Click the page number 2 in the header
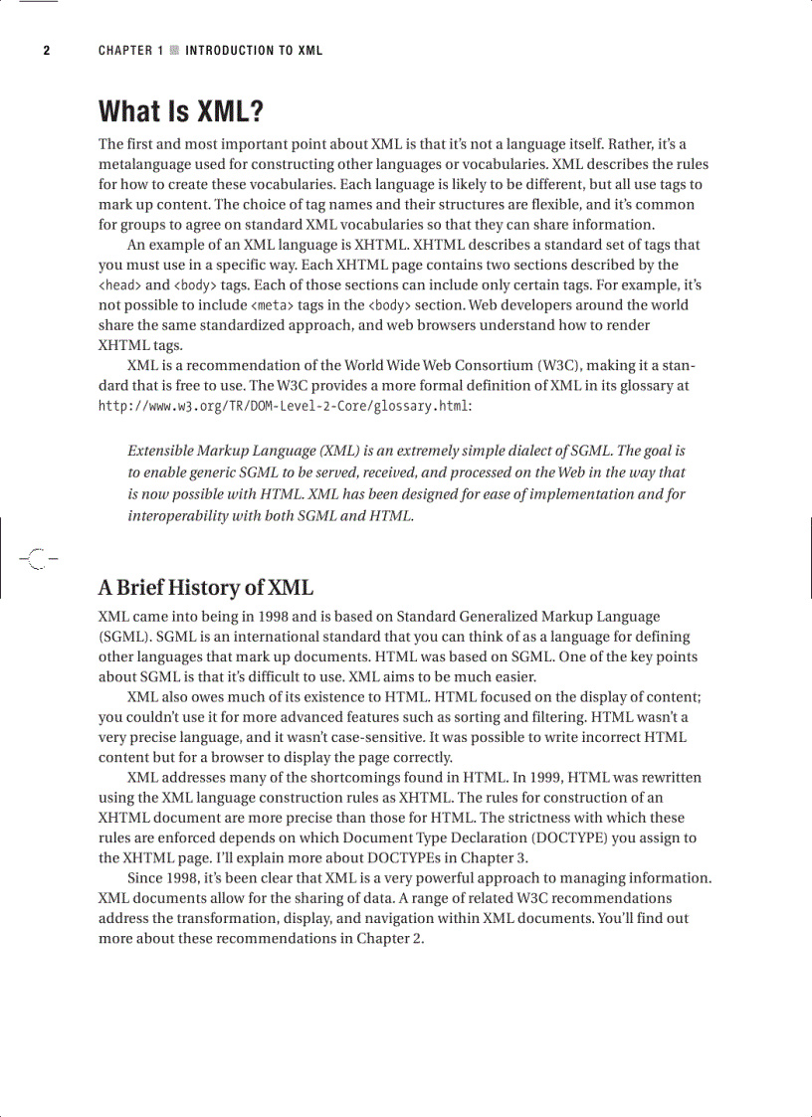[46, 51]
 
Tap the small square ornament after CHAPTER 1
[174, 51]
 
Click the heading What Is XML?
[181, 110]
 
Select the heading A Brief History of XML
[206, 587]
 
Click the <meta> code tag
[271, 305]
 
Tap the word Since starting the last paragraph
[147, 878]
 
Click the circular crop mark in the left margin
[37, 559]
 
